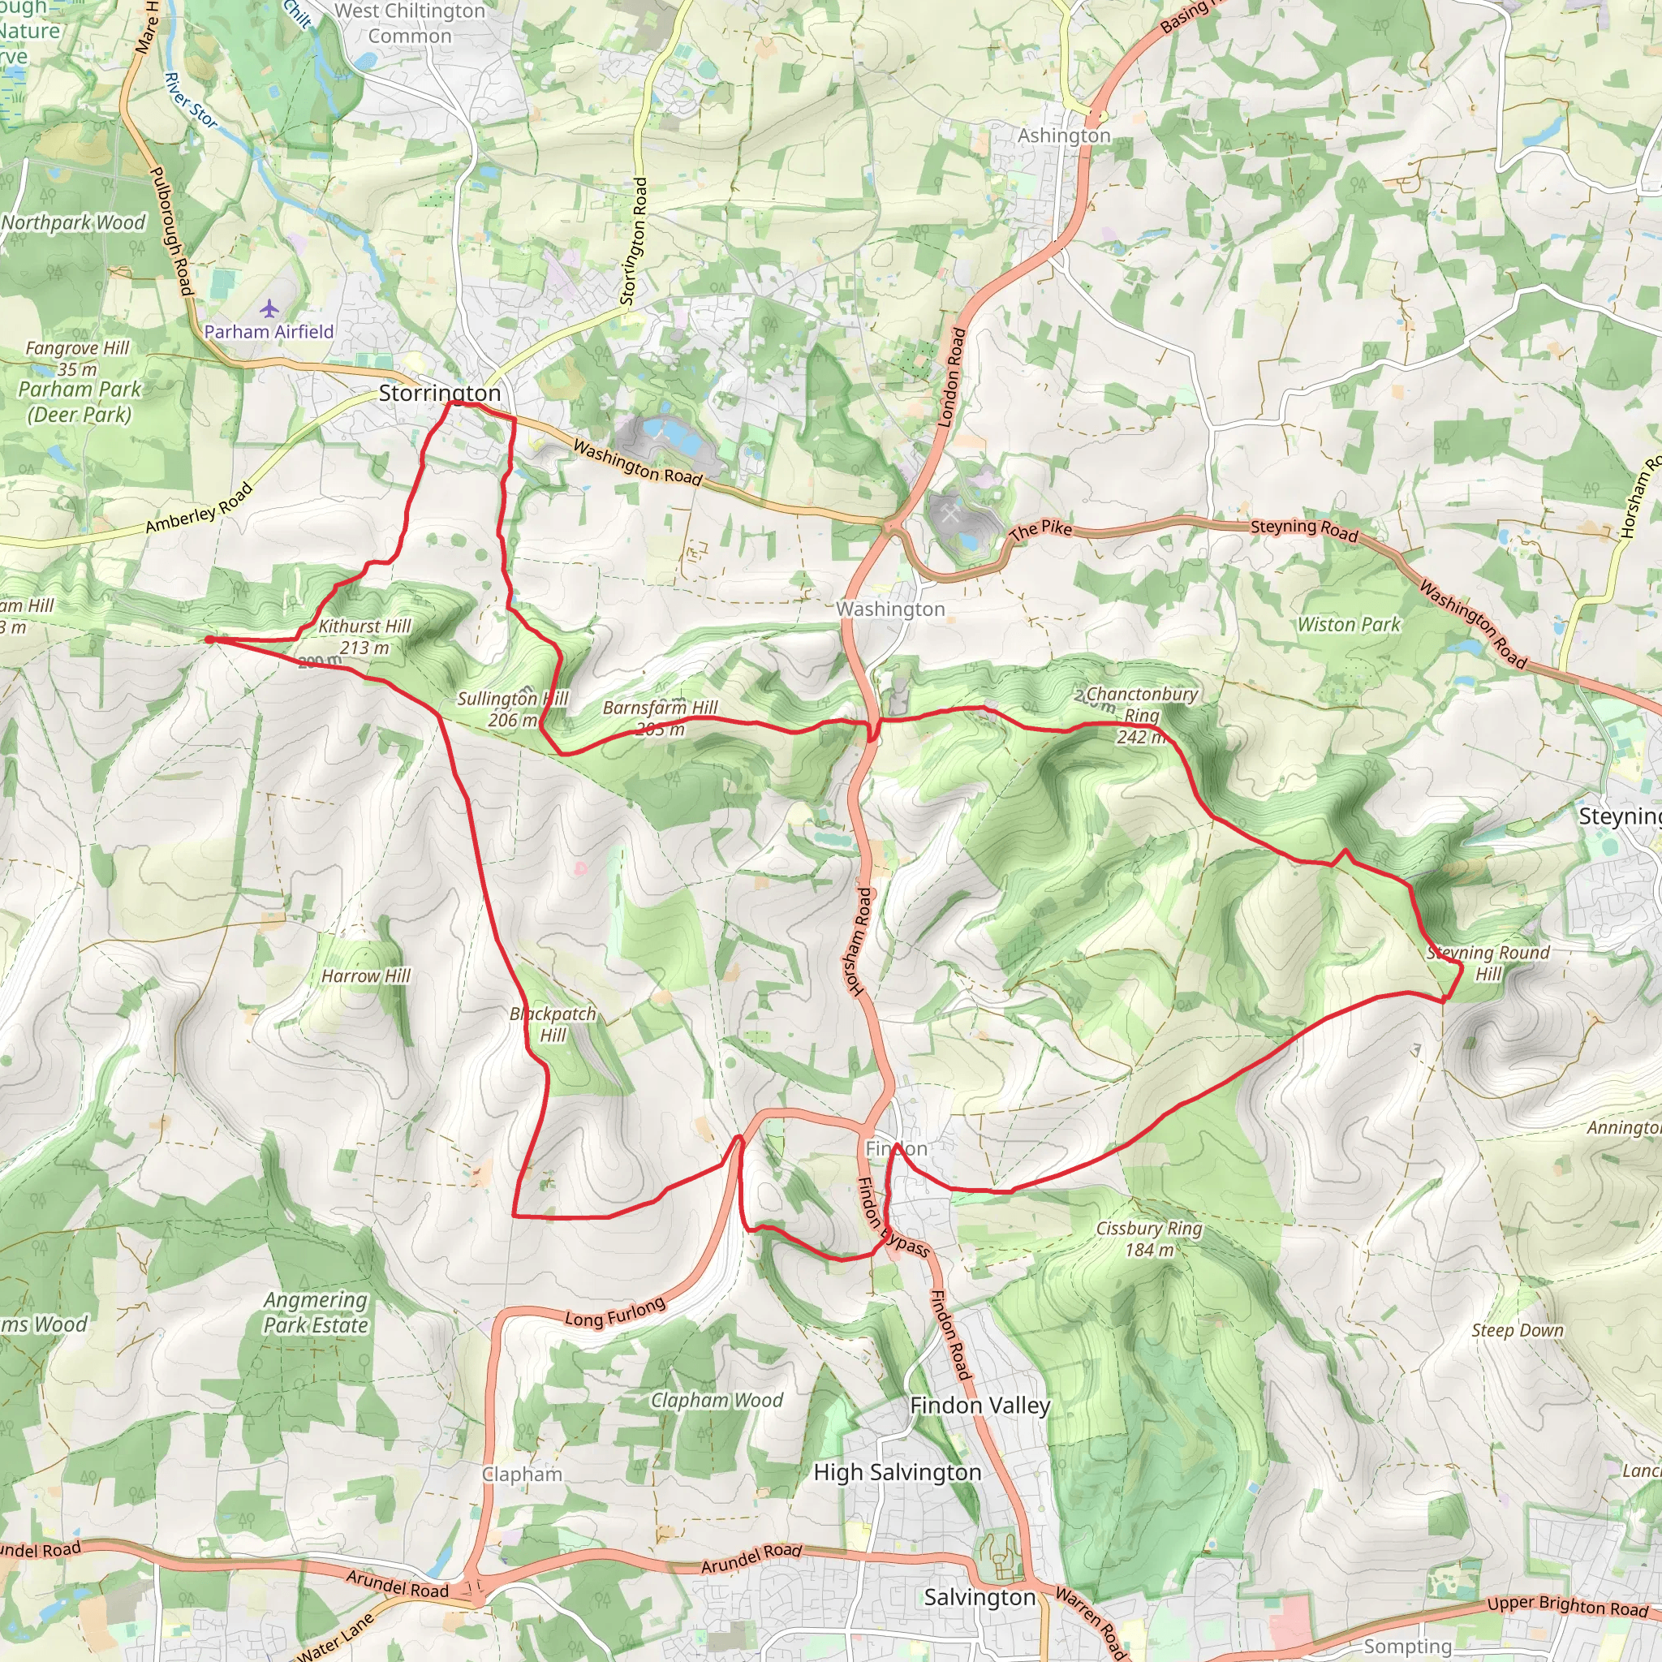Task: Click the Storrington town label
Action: click(x=440, y=393)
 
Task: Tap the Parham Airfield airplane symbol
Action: click(x=270, y=308)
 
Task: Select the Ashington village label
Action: click(x=1064, y=136)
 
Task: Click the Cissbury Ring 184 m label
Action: click(x=1148, y=1238)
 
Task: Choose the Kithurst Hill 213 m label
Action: click(x=364, y=636)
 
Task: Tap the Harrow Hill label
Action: click(x=366, y=975)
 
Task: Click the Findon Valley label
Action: click(x=980, y=1406)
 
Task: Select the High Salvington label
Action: click(x=898, y=1473)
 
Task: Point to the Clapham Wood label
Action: click(x=717, y=1401)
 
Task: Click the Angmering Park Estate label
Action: click(x=316, y=1312)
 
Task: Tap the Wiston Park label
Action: click(x=1349, y=625)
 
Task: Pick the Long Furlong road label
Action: click(x=615, y=1313)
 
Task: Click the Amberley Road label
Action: click(x=200, y=508)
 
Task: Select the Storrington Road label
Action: click(x=634, y=241)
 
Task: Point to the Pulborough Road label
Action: click(x=171, y=230)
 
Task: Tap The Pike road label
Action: click(x=1041, y=530)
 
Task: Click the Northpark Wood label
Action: click(x=73, y=223)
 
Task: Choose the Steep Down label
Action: click(x=1518, y=1330)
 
